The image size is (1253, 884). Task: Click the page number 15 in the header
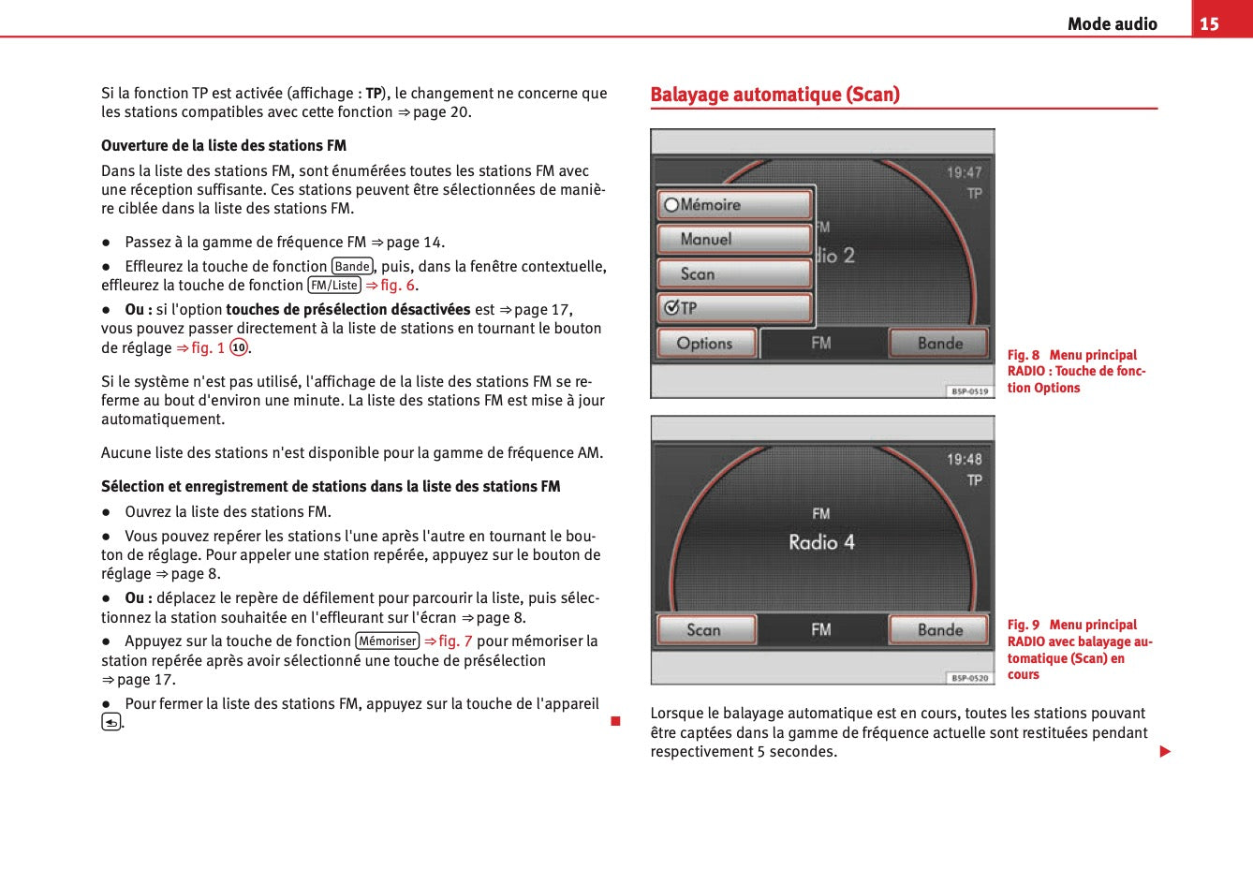point(1209,23)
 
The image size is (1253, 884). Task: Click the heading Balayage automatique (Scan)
point(774,95)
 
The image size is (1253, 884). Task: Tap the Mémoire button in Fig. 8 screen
point(735,204)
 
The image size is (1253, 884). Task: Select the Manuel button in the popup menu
point(735,239)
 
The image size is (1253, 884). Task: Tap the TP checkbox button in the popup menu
point(735,308)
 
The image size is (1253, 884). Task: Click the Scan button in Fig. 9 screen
point(706,630)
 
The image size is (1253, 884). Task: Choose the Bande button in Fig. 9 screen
point(939,630)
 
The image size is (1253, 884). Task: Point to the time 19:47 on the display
point(964,172)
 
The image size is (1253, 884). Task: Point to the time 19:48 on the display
point(964,459)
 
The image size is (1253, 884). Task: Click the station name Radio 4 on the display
point(821,542)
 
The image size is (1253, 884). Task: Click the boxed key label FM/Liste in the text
point(334,286)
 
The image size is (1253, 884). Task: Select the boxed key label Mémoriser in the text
point(388,641)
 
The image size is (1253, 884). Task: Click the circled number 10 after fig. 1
point(239,348)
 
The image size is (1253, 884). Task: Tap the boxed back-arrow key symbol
point(111,722)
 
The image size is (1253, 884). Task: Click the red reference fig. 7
point(449,641)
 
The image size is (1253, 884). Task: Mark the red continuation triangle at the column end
point(1165,752)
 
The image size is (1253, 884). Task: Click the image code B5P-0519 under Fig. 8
point(969,391)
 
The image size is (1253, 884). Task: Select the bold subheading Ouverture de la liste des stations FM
point(224,146)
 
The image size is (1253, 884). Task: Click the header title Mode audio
point(1112,24)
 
